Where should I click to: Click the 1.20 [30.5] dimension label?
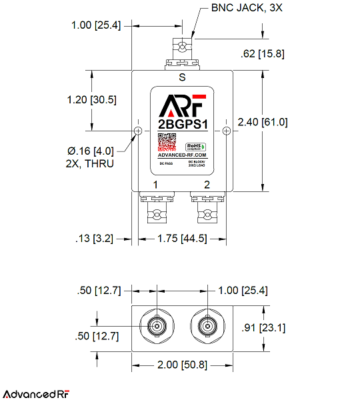click(x=92, y=99)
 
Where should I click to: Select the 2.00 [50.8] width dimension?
click(x=181, y=365)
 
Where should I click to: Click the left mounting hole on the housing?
click(x=138, y=131)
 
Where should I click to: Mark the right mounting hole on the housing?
click(x=226, y=131)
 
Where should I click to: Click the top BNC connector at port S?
click(x=182, y=53)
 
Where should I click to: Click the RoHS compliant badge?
click(x=195, y=146)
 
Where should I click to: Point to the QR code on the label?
click(x=166, y=145)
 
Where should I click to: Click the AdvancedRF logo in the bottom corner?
click(x=36, y=393)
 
